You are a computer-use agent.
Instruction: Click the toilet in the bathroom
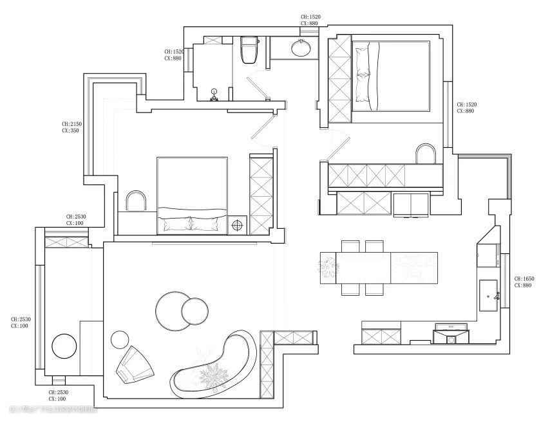(x=249, y=51)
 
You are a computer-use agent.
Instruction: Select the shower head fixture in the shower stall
(x=215, y=97)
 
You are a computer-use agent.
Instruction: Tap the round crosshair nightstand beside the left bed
(x=238, y=226)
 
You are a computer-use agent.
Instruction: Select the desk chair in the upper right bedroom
(x=426, y=155)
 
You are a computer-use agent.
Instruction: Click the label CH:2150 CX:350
(x=71, y=127)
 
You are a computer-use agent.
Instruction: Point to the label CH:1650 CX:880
(x=523, y=282)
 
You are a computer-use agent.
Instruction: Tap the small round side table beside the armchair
(x=120, y=339)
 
